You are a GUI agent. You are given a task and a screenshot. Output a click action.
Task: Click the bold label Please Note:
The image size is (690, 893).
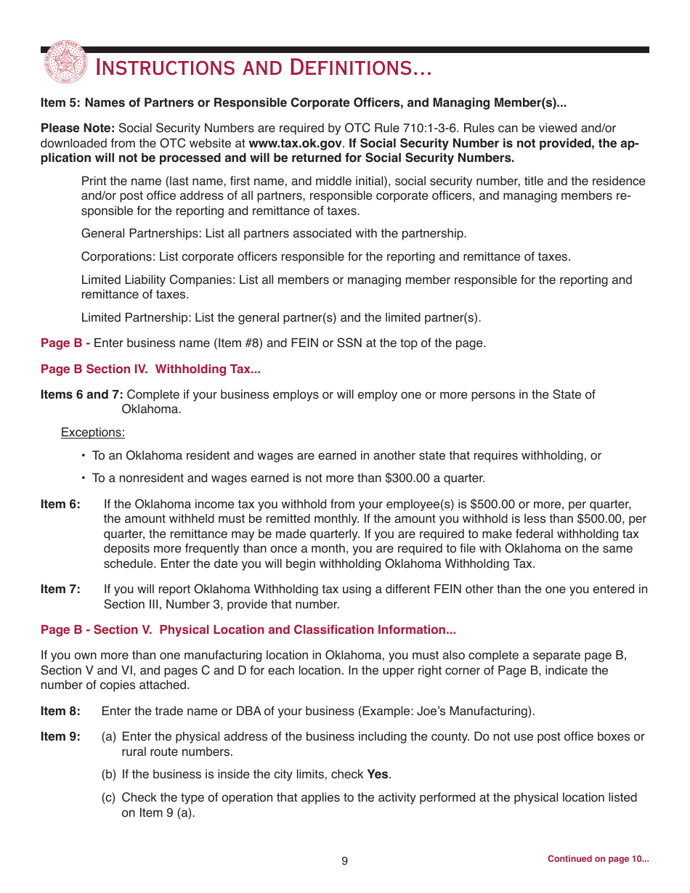(78, 129)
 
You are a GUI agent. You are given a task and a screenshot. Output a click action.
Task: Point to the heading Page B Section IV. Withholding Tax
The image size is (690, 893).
(150, 369)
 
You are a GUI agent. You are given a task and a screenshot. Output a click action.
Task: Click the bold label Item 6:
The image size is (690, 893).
(60, 505)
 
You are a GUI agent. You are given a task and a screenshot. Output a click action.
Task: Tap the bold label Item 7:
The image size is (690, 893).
(60, 590)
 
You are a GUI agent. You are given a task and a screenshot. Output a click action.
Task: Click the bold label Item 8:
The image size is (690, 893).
(60, 711)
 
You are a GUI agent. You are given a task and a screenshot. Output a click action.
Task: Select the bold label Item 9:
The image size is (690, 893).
(60, 737)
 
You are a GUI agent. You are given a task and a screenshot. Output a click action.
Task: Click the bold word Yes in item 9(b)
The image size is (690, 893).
(378, 775)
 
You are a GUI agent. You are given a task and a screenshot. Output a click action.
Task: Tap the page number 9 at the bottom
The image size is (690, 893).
(345, 861)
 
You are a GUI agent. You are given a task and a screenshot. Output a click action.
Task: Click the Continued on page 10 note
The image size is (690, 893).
(598, 859)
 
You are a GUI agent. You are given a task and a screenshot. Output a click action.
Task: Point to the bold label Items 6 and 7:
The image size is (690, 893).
(82, 395)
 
